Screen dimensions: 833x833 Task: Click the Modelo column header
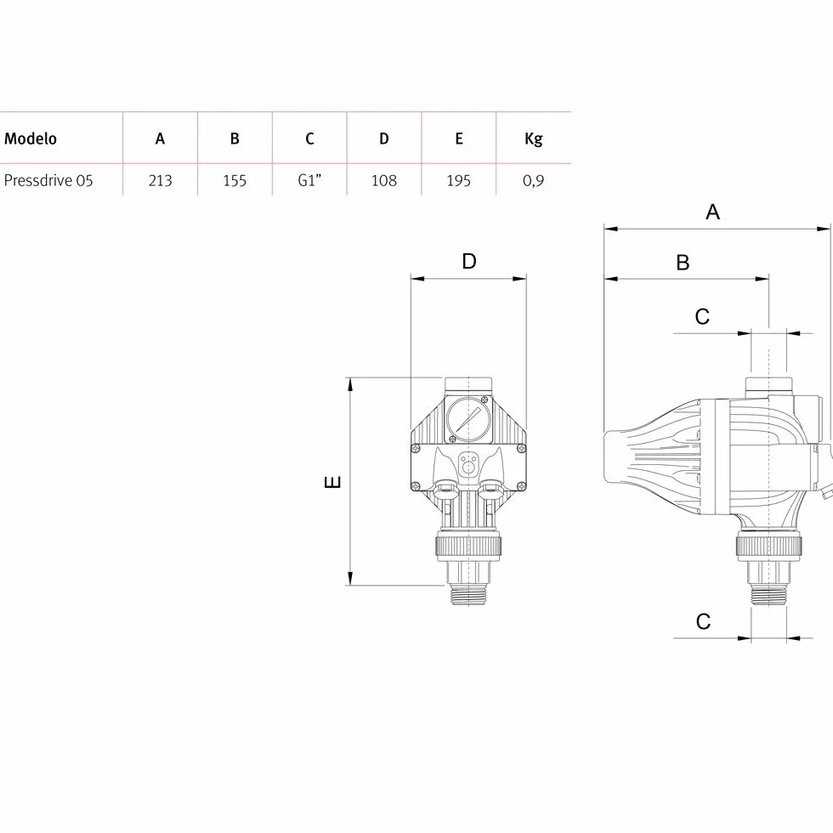pos(31,139)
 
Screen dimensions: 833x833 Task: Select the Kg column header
pos(534,139)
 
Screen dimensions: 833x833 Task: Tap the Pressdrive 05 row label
pos(48,180)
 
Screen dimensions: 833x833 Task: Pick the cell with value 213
pos(160,180)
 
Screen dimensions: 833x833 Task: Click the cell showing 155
pos(235,180)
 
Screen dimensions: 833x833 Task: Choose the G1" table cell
pos(309,180)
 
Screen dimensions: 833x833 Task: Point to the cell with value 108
pos(383,180)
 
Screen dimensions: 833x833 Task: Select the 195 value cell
pos(458,180)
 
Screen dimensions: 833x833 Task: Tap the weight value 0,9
pos(534,181)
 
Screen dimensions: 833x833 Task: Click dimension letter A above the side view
pos(712,212)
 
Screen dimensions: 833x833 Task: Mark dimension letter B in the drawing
pos(683,263)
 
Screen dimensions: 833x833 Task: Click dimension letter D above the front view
pos(469,262)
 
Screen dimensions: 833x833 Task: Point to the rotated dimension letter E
pos(332,482)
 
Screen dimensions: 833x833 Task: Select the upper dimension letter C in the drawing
pos(702,316)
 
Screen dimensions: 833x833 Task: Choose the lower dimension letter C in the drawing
pos(703,621)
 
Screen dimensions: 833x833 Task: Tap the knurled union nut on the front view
pos(468,546)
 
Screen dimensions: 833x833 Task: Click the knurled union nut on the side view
pos(768,546)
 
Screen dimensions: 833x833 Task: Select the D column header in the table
pos(383,139)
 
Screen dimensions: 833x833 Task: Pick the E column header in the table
pos(458,139)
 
